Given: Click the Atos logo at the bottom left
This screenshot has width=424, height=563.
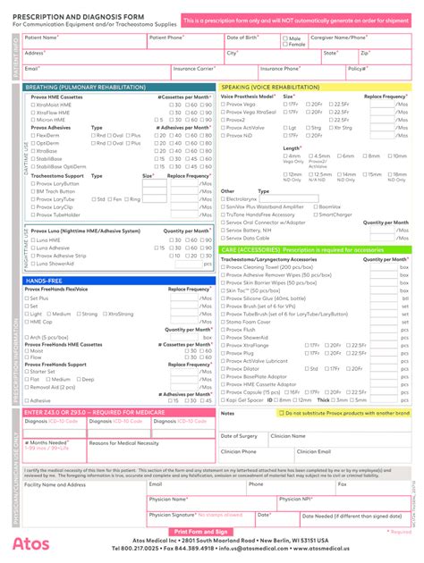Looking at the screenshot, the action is (30, 542).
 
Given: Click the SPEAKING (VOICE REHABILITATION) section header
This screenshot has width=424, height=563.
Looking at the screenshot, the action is (269, 87).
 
